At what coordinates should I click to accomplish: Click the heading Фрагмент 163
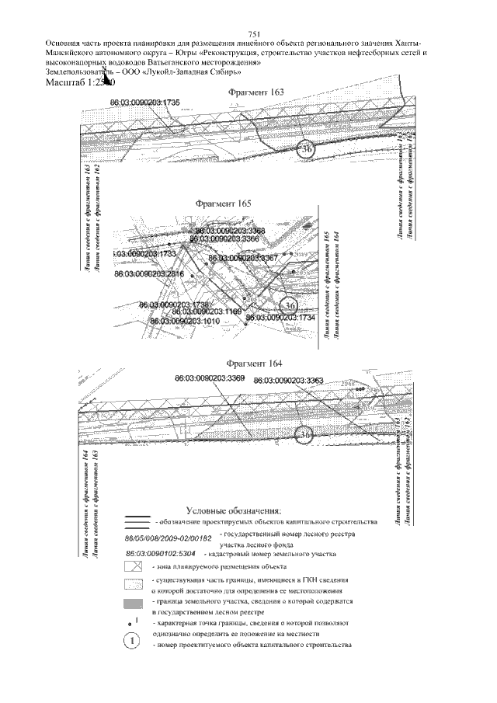(x=255, y=92)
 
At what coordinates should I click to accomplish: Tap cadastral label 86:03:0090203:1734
(x=280, y=318)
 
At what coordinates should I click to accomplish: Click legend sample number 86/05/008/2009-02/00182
(x=169, y=538)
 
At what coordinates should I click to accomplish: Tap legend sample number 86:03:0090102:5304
(x=162, y=554)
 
